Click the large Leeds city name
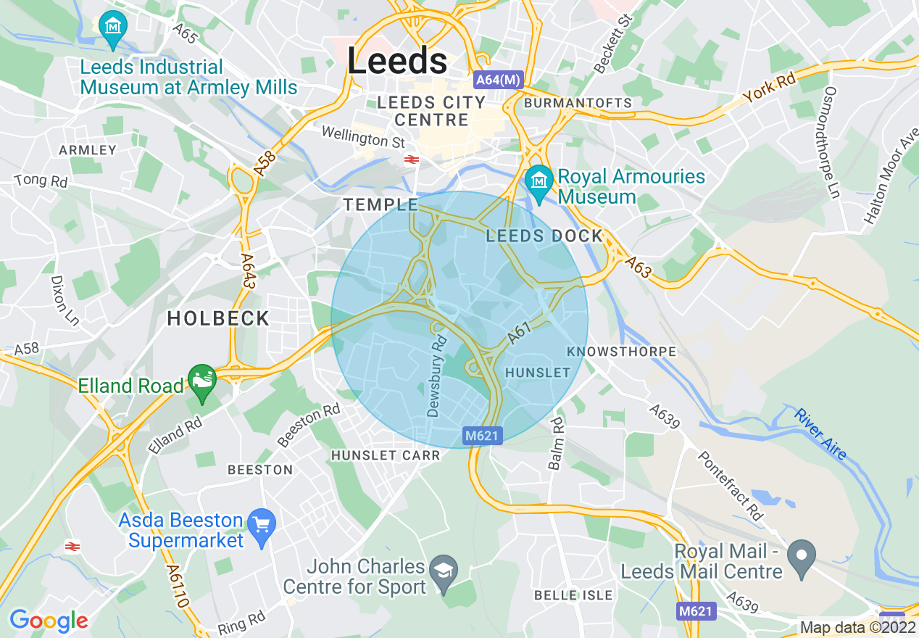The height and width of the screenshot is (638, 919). click(x=397, y=61)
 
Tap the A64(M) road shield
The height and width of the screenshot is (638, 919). click(x=497, y=80)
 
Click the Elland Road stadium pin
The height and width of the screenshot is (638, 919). click(x=202, y=380)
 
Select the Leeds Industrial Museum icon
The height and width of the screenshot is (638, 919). click(x=113, y=27)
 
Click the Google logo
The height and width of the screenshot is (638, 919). click(x=49, y=621)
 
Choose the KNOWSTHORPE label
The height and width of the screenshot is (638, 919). click(x=621, y=352)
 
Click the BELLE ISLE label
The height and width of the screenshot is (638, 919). click(x=573, y=595)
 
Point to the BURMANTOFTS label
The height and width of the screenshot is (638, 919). click(x=578, y=103)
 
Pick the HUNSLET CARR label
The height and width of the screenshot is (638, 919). click(x=386, y=455)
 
